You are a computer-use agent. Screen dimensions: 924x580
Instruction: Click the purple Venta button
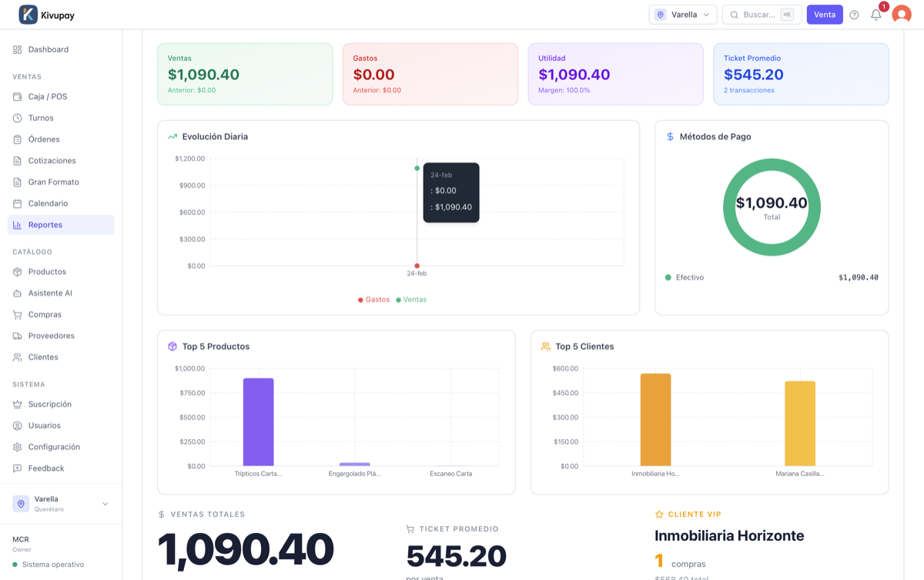[x=825, y=15]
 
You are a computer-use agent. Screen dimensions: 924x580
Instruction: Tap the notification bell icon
[x=875, y=15]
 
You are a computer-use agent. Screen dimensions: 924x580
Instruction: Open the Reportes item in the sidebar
[x=61, y=225]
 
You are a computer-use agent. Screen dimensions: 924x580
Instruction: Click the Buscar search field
[x=762, y=15]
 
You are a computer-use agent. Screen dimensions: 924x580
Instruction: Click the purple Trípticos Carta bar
[x=258, y=422]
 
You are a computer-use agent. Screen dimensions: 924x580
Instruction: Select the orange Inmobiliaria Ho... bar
[x=655, y=420]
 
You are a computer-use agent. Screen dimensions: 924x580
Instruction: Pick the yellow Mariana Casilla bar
[x=800, y=424]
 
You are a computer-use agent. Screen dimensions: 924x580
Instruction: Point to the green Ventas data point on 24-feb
[x=417, y=169]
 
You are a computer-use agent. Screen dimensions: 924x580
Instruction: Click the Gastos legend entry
[x=373, y=300]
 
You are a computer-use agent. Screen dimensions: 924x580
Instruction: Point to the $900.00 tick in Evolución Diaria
[x=192, y=186]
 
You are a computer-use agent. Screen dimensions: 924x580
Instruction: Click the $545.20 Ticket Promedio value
[x=753, y=75]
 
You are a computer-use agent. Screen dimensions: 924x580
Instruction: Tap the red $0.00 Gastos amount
[x=373, y=75]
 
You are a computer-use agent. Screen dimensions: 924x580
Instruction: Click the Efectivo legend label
[x=690, y=277]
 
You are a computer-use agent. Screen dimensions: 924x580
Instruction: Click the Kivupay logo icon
[x=28, y=15]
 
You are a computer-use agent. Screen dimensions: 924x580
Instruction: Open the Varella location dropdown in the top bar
[x=683, y=15]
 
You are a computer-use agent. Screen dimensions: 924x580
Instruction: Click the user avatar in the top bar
[x=902, y=15]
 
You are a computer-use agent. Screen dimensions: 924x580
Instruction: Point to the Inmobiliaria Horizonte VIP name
[x=729, y=535]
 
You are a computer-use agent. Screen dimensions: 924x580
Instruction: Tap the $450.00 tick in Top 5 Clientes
[x=565, y=393]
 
